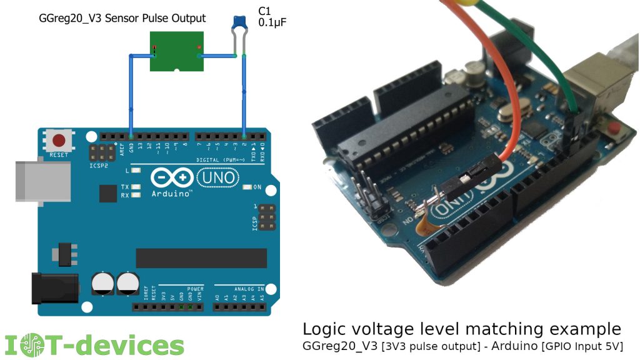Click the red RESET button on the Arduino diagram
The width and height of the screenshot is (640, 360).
(x=61, y=140)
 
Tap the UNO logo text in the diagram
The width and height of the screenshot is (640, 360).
(x=218, y=178)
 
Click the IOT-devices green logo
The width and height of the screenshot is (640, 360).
(x=94, y=345)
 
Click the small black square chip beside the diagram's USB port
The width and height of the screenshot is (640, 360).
(x=107, y=194)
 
